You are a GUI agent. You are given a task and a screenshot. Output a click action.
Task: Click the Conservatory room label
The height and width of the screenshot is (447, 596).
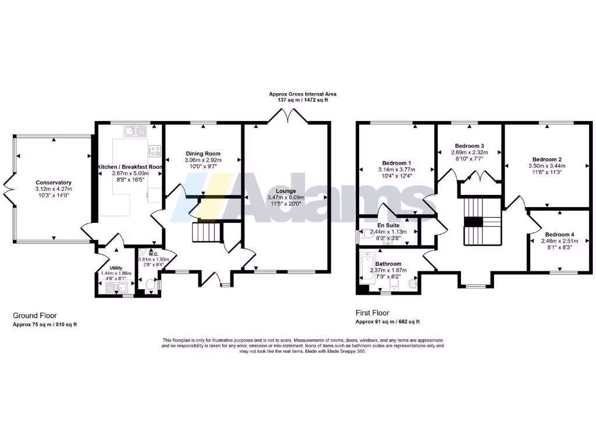pos(53,182)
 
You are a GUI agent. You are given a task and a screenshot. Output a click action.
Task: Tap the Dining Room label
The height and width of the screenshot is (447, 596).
pos(203,154)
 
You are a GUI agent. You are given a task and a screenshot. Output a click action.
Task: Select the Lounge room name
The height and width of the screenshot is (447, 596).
pos(286,191)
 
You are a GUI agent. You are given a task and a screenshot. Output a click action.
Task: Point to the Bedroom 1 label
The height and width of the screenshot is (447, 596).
pos(396,163)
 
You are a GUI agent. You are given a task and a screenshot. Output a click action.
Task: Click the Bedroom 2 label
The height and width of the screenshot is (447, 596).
pos(547,159)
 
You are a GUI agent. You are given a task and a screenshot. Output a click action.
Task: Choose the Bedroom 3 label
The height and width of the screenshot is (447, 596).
pos(469,146)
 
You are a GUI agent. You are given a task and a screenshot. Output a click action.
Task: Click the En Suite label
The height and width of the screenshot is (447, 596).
pos(388,224)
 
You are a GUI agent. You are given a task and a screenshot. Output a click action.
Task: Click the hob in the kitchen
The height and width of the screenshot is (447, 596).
pos(155,151)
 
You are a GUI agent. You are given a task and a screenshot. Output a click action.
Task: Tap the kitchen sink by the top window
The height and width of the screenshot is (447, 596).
pos(137,132)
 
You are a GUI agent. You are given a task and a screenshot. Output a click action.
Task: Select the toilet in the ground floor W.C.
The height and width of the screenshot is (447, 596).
pos(150,285)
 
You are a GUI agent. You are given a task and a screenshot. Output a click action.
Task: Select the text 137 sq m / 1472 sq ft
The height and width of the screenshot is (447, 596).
pos(303,100)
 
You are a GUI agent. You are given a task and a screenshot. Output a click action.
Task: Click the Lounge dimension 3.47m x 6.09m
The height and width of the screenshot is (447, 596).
pos(286,197)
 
